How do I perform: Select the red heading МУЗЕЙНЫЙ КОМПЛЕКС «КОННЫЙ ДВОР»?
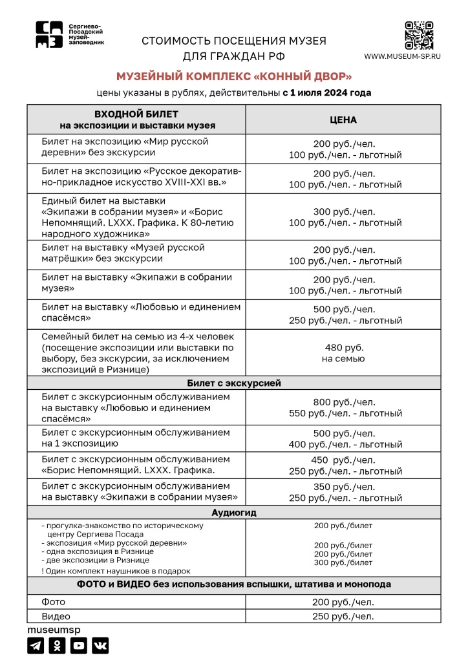233,76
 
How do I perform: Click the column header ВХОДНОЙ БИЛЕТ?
137,114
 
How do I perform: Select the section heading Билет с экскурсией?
233,383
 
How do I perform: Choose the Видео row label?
56,616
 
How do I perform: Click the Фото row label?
54,602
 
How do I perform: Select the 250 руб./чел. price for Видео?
343,616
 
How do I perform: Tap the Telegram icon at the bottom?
36,645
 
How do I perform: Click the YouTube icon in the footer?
79,645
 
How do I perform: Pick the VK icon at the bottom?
100,645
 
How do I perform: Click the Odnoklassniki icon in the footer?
58,645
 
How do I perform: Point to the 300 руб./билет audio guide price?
343,562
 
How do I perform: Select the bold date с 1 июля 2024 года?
326,92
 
